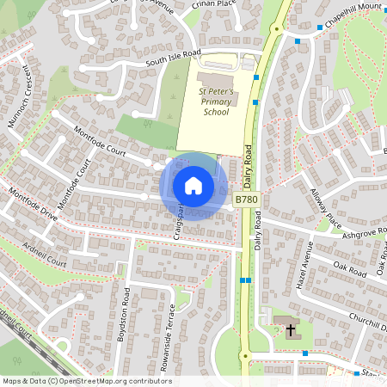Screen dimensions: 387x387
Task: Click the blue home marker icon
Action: (193, 185)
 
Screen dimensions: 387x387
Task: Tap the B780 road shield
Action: (247, 200)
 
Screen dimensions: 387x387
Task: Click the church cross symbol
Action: (290, 329)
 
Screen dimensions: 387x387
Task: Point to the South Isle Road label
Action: (172, 57)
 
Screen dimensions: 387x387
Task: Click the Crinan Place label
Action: (215, 4)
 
